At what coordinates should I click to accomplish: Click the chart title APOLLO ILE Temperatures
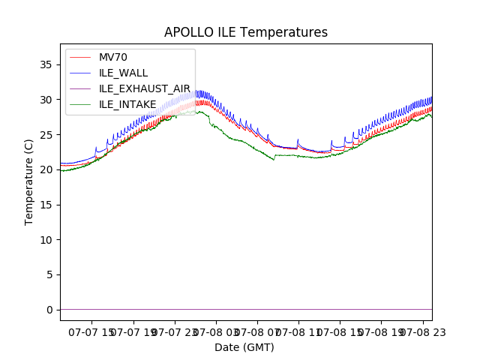pyautogui.click(x=246, y=33)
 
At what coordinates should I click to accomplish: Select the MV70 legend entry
pyautogui.click(x=113, y=57)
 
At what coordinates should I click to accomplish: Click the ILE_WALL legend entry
pyautogui.click(x=123, y=73)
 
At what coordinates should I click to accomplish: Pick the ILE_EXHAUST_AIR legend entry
pyautogui.click(x=144, y=88)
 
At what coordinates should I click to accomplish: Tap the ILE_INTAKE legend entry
pyautogui.click(x=127, y=104)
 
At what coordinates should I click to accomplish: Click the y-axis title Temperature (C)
pyautogui.click(x=29, y=181)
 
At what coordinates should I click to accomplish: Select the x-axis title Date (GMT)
pyautogui.click(x=244, y=347)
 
